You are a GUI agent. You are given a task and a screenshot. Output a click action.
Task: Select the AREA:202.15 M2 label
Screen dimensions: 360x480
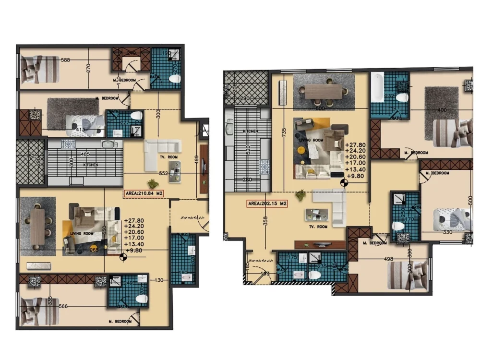(x=268, y=204)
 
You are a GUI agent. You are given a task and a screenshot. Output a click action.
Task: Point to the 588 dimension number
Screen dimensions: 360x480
(x=65, y=60)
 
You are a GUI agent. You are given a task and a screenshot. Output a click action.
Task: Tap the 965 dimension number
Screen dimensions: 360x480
(x=94, y=249)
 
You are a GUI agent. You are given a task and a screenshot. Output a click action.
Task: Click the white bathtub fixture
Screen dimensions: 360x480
(x=377, y=87)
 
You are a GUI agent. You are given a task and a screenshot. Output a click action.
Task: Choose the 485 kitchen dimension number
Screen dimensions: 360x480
(x=84, y=155)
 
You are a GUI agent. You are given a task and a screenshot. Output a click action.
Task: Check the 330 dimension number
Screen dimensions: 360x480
(x=447, y=232)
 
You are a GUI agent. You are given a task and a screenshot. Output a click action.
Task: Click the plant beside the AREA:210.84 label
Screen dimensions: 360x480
(x=153, y=183)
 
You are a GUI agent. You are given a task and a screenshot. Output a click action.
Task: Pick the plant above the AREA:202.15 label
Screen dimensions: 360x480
(x=300, y=194)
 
